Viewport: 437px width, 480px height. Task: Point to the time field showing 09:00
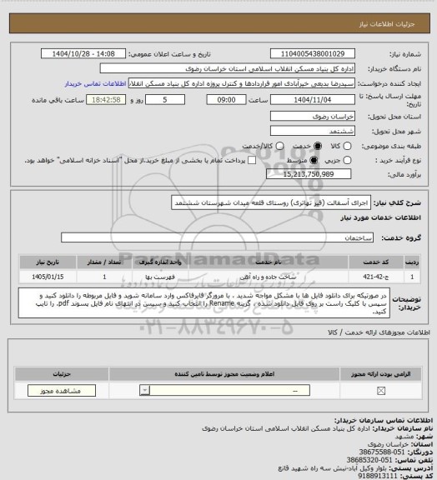[227, 99]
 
